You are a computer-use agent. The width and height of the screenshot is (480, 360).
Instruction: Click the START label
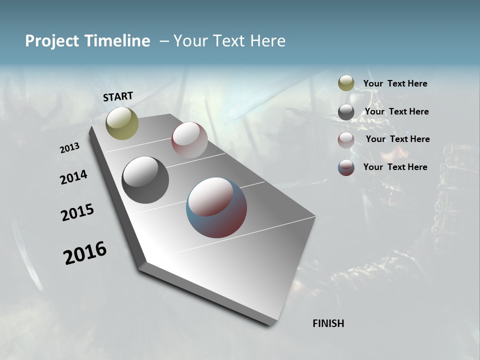pyautogui.click(x=118, y=96)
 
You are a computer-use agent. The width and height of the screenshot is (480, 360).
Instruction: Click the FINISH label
pyautogui.click(x=328, y=323)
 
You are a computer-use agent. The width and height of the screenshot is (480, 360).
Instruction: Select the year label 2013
pyautogui.click(x=70, y=148)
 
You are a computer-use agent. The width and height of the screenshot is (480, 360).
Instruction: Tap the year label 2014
pyautogui.click(x=73, y=177)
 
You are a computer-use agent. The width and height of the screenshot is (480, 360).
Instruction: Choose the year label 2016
pyautogui.click(x=85, y=253)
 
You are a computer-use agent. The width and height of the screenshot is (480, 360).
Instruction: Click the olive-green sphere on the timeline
pyautogui.click(x=122, y=123)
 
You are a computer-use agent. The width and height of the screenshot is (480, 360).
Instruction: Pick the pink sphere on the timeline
pyautogui.click(x=189, y=140)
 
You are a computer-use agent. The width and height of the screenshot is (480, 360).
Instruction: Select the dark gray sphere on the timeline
pyautogui.click(x=145, y=180)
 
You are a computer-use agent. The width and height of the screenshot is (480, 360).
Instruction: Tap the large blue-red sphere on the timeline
pyautogui.click(x=216, y=207)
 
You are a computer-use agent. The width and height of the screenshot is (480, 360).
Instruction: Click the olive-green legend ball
pyautogui.click(x=346, y=83)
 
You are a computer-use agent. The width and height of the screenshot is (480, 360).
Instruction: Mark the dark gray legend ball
pyautogui.click(x=346, y=112)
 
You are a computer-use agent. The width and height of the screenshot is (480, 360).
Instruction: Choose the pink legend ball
pyautogui.click(x=346, y=140)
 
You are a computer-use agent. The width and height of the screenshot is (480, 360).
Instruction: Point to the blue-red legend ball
pyautogui.click(x=346, y=167)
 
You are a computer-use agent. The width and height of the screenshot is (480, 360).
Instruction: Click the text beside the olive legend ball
pyautogui.click(x=395, y=84)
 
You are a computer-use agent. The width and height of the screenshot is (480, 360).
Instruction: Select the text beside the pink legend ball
pyautogui.click(x=397, y=139)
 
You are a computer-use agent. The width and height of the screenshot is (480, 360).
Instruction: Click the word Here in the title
pyautogui.click(x=267, y=41)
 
